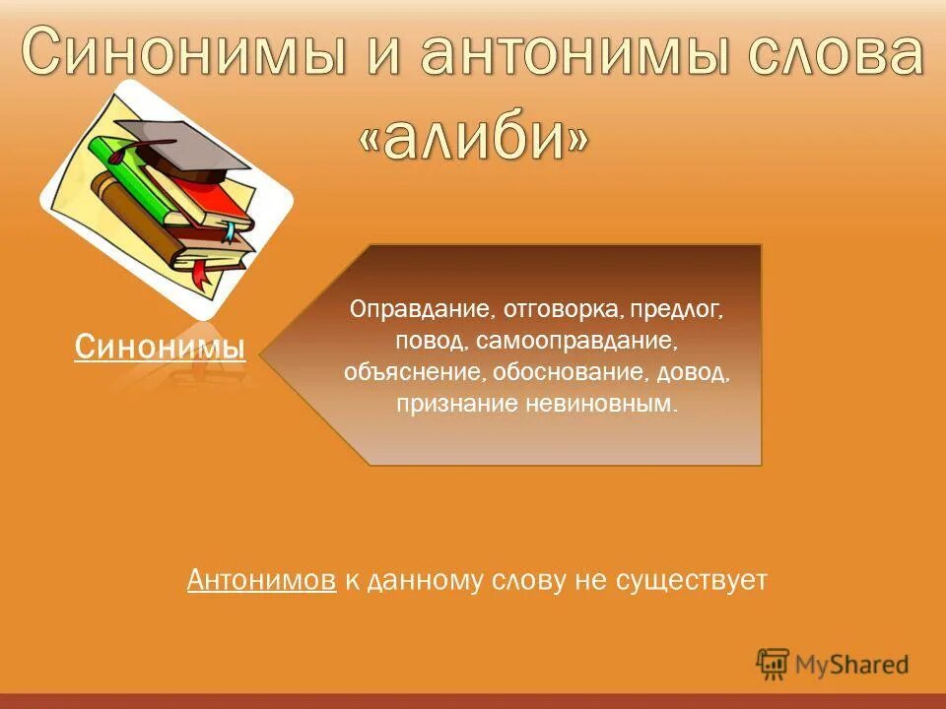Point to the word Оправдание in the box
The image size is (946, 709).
422,310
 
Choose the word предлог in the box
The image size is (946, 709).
681,310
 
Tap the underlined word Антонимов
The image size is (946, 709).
261,581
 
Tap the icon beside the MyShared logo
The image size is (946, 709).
773,664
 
